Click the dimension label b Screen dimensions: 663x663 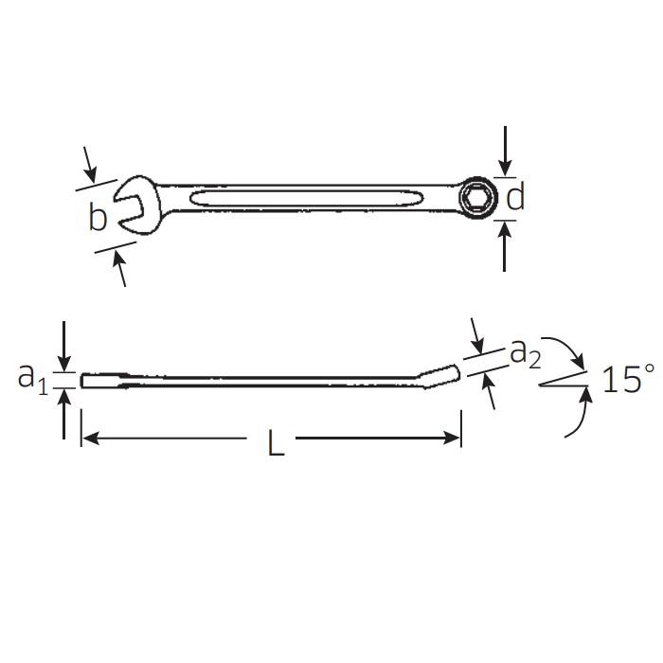(98, 217)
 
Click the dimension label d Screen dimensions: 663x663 (515, 196)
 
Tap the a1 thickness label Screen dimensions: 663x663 (32, 379)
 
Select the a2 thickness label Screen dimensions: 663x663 (525, 353)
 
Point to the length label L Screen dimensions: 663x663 (277, 442)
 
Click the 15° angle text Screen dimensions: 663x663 (628, 379)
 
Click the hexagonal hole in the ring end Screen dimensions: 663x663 (477, 197)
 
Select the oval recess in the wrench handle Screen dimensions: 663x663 (307, 198)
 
